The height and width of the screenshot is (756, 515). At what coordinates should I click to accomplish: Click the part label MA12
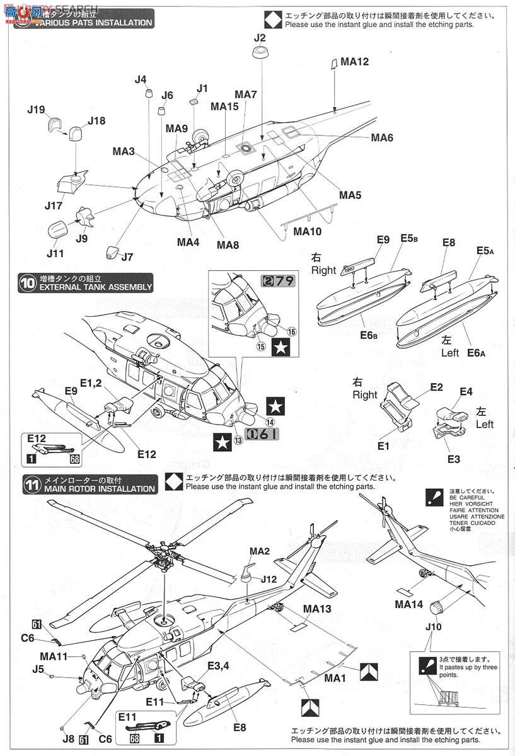pyautogui.click(x=354, y=62)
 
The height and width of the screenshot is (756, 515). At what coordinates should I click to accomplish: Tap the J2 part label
pyautogui.click(x=260, y=38)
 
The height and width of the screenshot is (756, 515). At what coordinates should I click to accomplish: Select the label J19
pyautogui.click(x=36, y=110)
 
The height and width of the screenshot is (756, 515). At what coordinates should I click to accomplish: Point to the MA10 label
pyautogui.click(x=307, y=231)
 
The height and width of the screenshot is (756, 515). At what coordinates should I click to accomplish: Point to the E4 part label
pyautogui.click(x=466, y=392)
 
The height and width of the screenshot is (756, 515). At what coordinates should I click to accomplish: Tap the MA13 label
pyautogui.click(x=316, y=609)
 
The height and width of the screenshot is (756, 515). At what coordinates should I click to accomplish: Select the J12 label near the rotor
pyautogui.click(x=269, y=578)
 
